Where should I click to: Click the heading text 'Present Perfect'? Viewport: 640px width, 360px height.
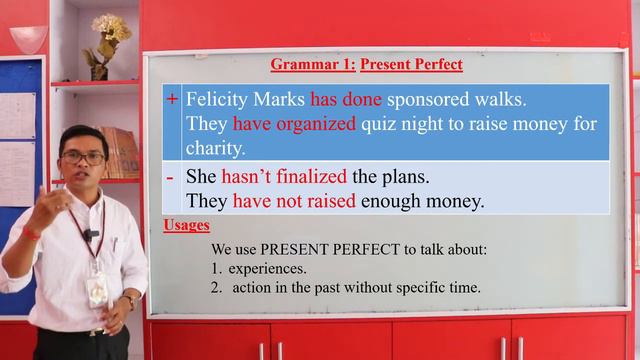(x=411, y=65)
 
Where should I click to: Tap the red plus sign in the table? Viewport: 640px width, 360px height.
(x=172, y=99)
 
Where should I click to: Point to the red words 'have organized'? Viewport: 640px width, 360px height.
(x=294, y=124)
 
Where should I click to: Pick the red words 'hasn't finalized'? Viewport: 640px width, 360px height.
(x=284, y=177)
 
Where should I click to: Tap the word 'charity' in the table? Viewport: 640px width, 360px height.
(x=214, y=147)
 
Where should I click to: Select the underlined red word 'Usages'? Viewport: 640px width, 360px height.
(x=186, y=226)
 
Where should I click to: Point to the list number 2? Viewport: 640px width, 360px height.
(x=215, y=287)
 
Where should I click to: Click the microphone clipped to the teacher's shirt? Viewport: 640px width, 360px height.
(x=91, y=236)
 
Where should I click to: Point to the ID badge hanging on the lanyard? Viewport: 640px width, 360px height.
(x=96, y=290)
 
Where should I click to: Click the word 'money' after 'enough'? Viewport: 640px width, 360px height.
(x=456, y=201)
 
